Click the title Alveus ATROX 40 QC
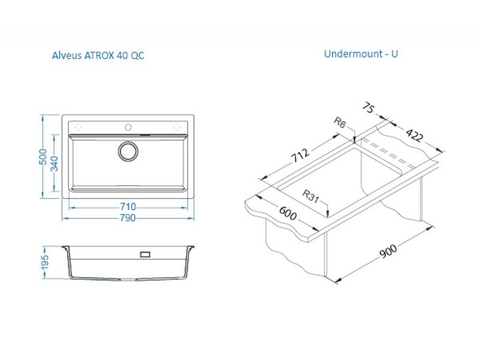point(98,55)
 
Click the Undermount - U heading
point(361,54)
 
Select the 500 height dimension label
point(43,157)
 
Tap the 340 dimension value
point(54,163)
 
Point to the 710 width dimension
point(128,206)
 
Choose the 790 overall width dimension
point(128,218)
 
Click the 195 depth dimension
point(44,262)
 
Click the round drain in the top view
point(128,151)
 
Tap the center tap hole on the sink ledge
point(128,127)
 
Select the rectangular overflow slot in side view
point(145,254)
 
